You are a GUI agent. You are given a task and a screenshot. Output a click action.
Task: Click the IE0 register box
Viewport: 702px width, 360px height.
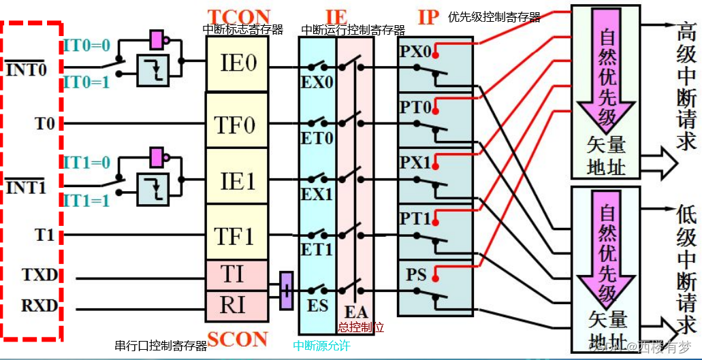(x=238, y=64)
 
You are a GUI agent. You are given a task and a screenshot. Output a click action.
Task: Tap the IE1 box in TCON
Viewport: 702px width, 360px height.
(x=238, y=182)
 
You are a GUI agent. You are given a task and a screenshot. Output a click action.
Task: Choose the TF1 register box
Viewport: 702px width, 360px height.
(x=235, y=235)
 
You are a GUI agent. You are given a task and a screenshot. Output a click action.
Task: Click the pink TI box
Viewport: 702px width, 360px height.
(x=232, y=274)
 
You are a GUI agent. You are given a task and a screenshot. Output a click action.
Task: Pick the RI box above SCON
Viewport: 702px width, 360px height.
(x=232, y=304)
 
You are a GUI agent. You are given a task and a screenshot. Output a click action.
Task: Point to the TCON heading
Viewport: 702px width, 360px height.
(x=238, y=15)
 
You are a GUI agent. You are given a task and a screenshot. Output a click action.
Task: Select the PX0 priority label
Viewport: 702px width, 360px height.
(x=415, y=52)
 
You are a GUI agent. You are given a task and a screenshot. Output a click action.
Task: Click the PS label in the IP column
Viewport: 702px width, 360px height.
(x=416, y=276)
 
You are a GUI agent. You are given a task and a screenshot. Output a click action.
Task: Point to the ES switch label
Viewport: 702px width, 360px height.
(x=318, y=306)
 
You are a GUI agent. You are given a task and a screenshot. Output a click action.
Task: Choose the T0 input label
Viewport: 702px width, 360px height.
(x=45, y=124)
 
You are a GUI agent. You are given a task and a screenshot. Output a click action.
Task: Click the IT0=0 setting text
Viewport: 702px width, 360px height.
(x=86, y=46)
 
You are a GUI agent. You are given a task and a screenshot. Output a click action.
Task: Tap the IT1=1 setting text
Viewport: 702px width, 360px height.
(x=86, y=201)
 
